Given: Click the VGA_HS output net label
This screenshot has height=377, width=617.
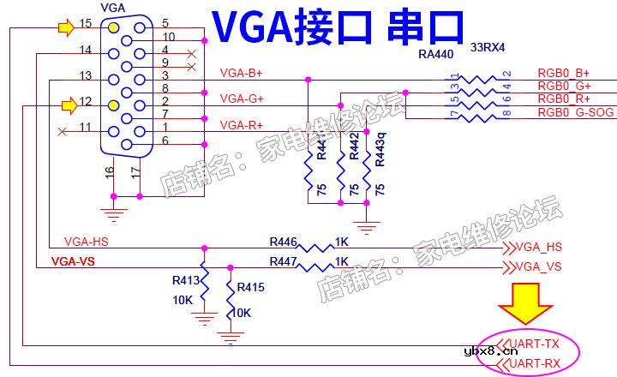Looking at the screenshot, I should (x=538, y=247).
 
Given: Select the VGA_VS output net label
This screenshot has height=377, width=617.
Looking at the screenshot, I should (x=538, y=266).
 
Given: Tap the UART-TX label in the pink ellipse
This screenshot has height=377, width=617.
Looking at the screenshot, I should (x=534, y=344).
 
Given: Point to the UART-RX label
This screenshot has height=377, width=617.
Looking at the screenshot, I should (x=534, y=364).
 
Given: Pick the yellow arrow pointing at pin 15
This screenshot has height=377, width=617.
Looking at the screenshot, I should (x=66, y=27).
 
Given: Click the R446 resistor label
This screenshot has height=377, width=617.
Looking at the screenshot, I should (x=284, y=242).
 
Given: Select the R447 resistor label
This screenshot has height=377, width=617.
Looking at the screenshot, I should (x=284, y=260).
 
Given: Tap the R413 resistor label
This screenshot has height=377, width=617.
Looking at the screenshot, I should (x=186, y=279).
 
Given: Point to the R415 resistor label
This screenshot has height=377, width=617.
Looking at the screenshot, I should (x=251, y=287).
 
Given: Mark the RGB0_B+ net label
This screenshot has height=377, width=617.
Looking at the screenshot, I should (x=563, y=73).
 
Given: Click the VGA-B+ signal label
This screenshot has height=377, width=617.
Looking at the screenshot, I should (x=241, y=73).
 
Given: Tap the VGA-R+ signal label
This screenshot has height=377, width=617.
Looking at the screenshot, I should (x=241, y=125).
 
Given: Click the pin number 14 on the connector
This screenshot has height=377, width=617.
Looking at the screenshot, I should (x=85, y=50).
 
